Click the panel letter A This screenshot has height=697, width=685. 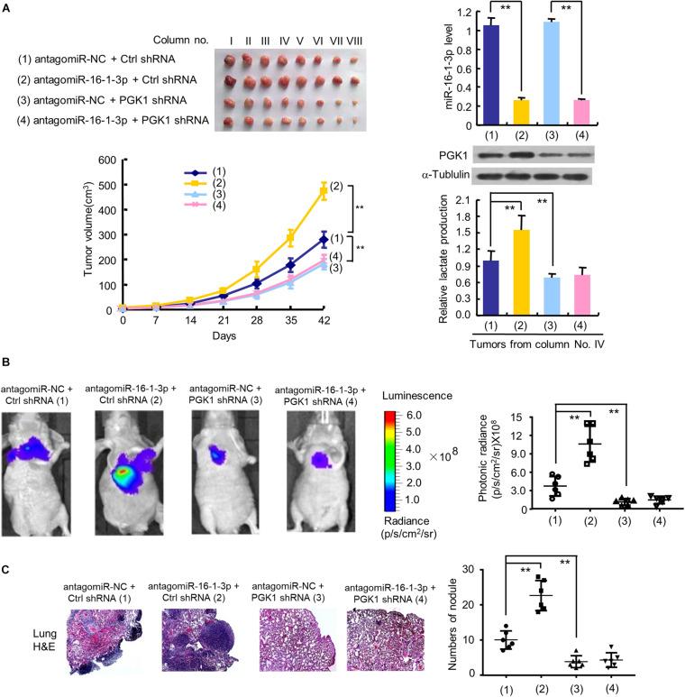click(x=7, y=7)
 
